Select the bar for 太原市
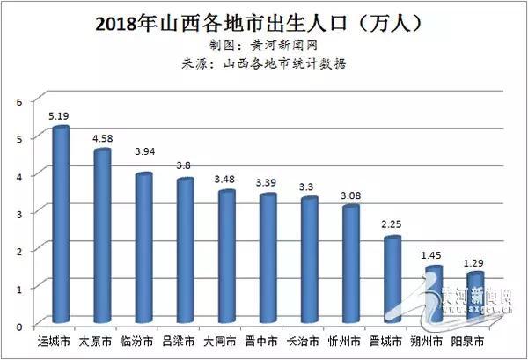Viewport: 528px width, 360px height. [x=102, y=236]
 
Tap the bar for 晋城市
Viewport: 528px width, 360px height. [x=392, y=280]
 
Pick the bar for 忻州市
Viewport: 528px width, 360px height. [x=350, y=264]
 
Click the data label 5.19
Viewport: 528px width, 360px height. [x=59, y=114]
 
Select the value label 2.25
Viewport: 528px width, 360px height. [x=391, y=224]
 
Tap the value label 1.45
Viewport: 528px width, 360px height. [x=432, y=253]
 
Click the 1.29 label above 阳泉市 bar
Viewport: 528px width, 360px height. [x=475, y=261]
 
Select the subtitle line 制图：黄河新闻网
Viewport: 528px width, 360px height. [x=263, y=45]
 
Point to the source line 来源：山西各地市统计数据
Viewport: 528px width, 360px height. [x=263, y=63]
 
